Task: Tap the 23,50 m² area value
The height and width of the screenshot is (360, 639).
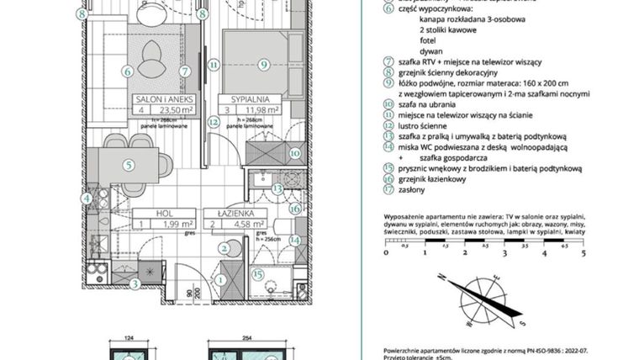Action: click(x=175, y=109)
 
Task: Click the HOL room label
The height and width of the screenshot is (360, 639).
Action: click(x=153, y=213)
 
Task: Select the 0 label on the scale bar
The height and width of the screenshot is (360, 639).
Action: click(x=385, y=251)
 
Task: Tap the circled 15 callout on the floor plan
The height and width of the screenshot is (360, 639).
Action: click(x=259, y=273)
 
